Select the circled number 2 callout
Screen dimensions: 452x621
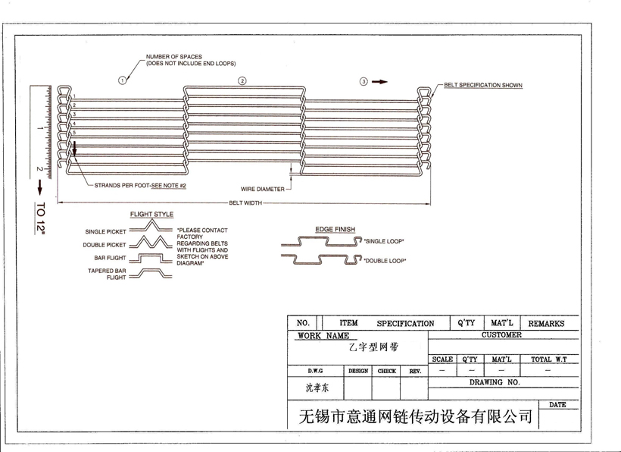point(242,80)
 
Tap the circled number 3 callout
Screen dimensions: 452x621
point(364,80)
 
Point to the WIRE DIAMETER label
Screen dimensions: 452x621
point(262,189)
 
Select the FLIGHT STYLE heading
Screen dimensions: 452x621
point(151,215)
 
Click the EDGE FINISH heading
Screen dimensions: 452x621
point(335,229)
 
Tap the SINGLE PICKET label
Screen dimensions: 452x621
point(106,231)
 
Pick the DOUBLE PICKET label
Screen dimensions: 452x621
point(105,245)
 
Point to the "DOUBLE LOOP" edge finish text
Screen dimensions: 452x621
point(385,261)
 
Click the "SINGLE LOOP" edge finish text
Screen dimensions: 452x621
point(384,241)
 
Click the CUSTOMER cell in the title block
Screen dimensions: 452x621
point(501,334)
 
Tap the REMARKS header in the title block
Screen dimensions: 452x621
point(546,323)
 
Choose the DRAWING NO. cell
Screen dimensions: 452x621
point(495,383)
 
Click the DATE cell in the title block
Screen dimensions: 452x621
point(557,405)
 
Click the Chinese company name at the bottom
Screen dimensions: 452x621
point(416,416)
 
